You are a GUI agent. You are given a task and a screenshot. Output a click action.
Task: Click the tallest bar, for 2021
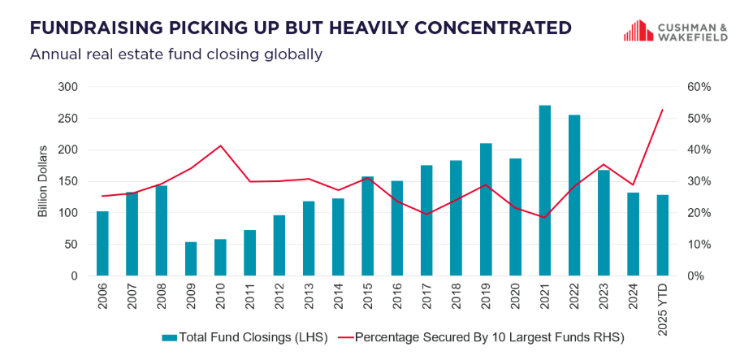[544, 191]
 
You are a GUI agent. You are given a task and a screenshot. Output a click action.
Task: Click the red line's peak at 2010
[220, 146]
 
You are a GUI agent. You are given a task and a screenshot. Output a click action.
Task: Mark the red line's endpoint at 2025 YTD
[663, 110]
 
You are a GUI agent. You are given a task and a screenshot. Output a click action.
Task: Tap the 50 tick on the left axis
[71, 245]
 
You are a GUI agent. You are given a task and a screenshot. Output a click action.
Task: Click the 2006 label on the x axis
[102, 299]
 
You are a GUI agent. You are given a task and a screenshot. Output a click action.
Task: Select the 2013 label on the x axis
[309, 299]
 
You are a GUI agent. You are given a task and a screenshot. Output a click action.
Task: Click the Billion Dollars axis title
[43, 181]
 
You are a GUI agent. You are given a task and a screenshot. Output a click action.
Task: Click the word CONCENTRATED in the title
[484, 28]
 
